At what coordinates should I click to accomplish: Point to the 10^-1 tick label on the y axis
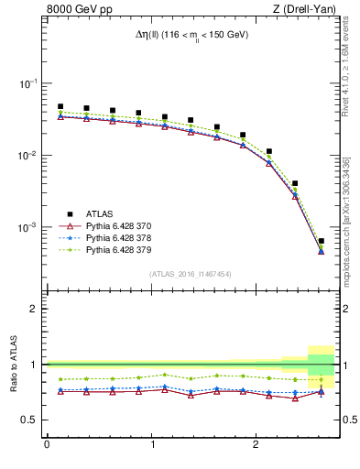click(27, 83)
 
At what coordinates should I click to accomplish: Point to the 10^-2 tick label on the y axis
click(27, 156)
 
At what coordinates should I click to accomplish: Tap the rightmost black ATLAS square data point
click(321, 241)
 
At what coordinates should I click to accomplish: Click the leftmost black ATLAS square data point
click(60, 106)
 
